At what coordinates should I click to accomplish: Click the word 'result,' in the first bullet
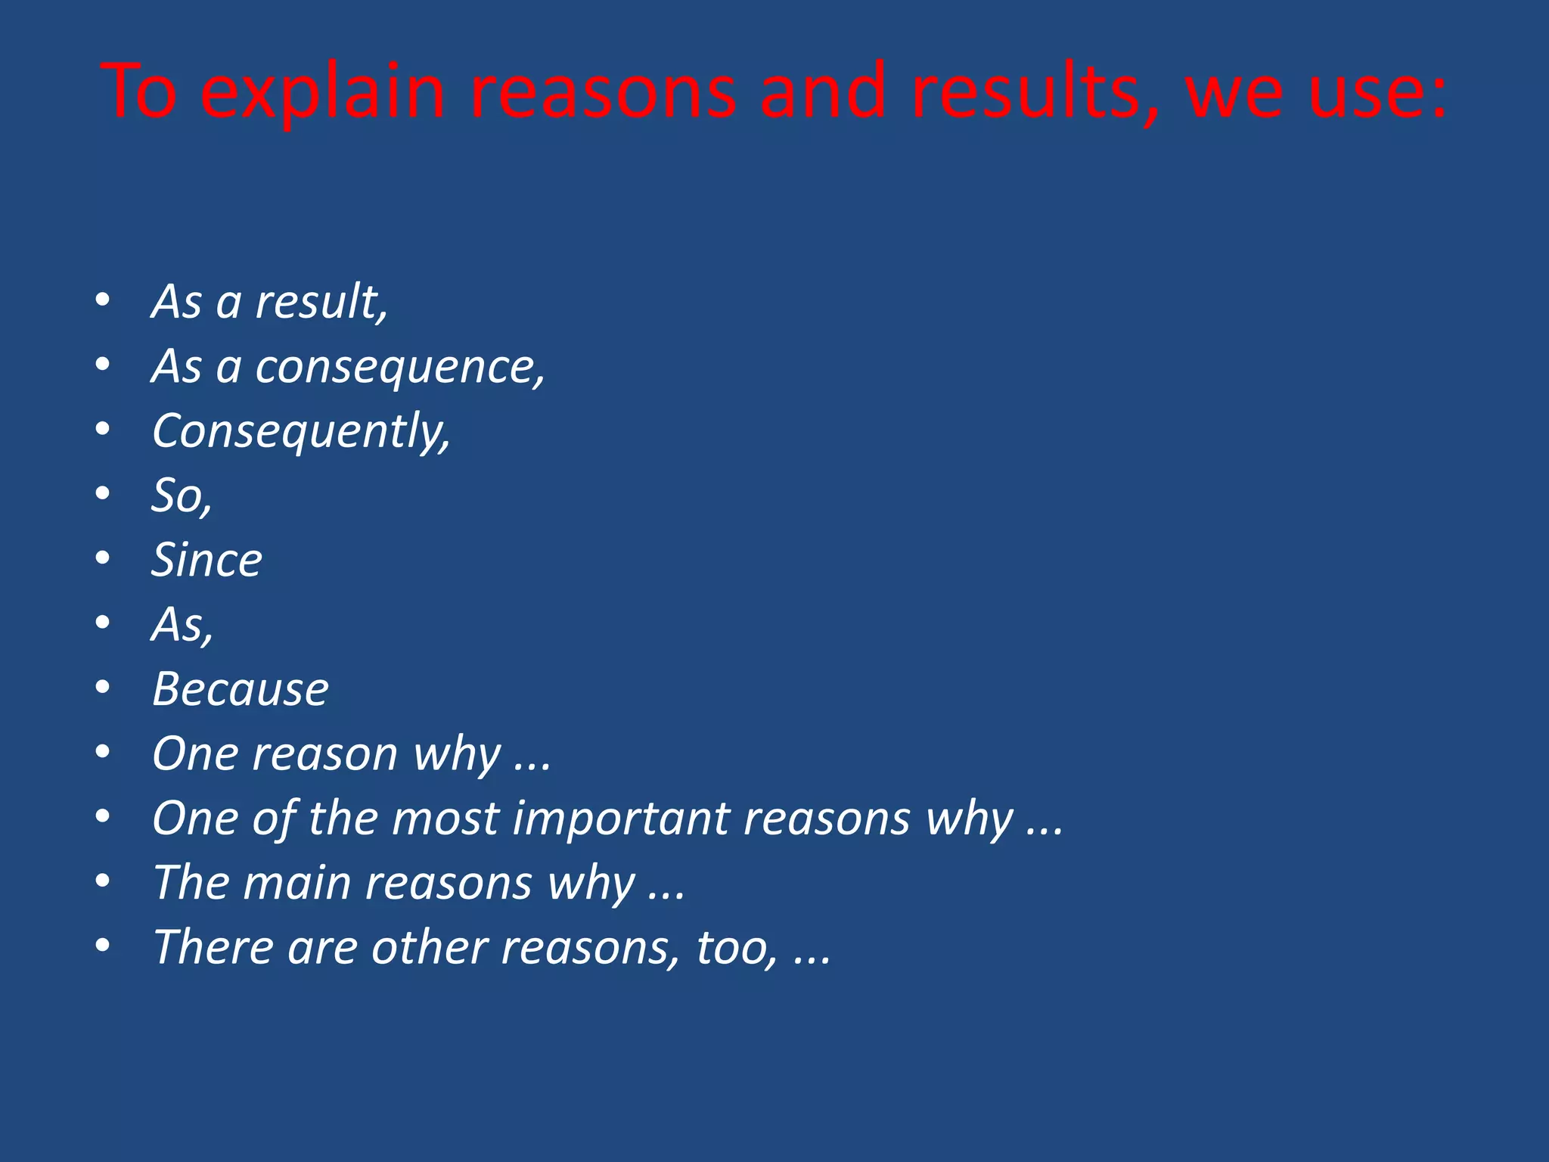pos(321,302)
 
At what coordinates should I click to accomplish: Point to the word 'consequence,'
pos(400,368)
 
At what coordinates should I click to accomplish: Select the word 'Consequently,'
pos(301,432)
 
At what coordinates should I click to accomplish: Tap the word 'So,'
pos(182,496)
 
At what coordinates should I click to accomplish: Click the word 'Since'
pos(206,561)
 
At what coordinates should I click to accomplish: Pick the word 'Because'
pos(241,689)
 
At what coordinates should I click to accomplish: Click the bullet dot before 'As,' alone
pos(104,623)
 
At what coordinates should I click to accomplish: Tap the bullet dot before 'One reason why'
pos(104,752)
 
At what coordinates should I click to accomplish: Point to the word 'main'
pos(296,883)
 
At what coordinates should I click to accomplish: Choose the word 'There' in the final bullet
pos(212,947)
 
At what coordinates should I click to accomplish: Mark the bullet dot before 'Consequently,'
pos(104,430)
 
